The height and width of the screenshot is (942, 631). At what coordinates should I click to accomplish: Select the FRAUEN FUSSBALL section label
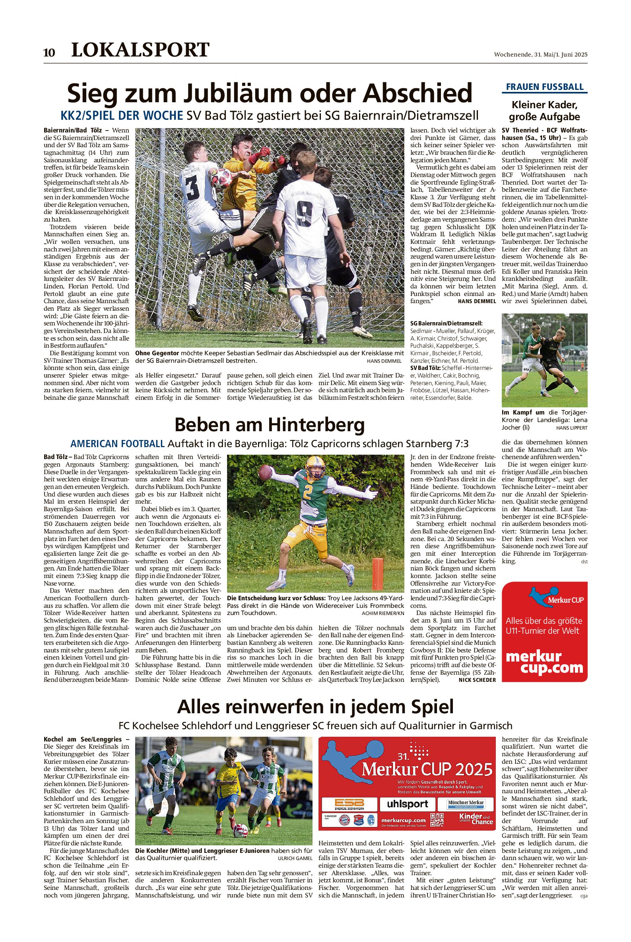tap(544, 87)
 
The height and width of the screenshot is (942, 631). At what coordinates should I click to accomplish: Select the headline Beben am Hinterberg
tap(270, 425)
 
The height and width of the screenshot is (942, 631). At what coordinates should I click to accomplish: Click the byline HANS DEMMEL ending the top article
tap(477, 301)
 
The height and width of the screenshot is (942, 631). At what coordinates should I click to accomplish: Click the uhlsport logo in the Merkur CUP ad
tap(407, 804)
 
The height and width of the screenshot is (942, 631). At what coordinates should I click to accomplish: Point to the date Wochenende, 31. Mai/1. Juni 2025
tap(541, 55)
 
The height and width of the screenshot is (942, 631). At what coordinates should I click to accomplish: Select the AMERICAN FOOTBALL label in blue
tap(118, 444)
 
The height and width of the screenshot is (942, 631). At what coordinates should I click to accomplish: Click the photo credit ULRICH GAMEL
tap(295, 858)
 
